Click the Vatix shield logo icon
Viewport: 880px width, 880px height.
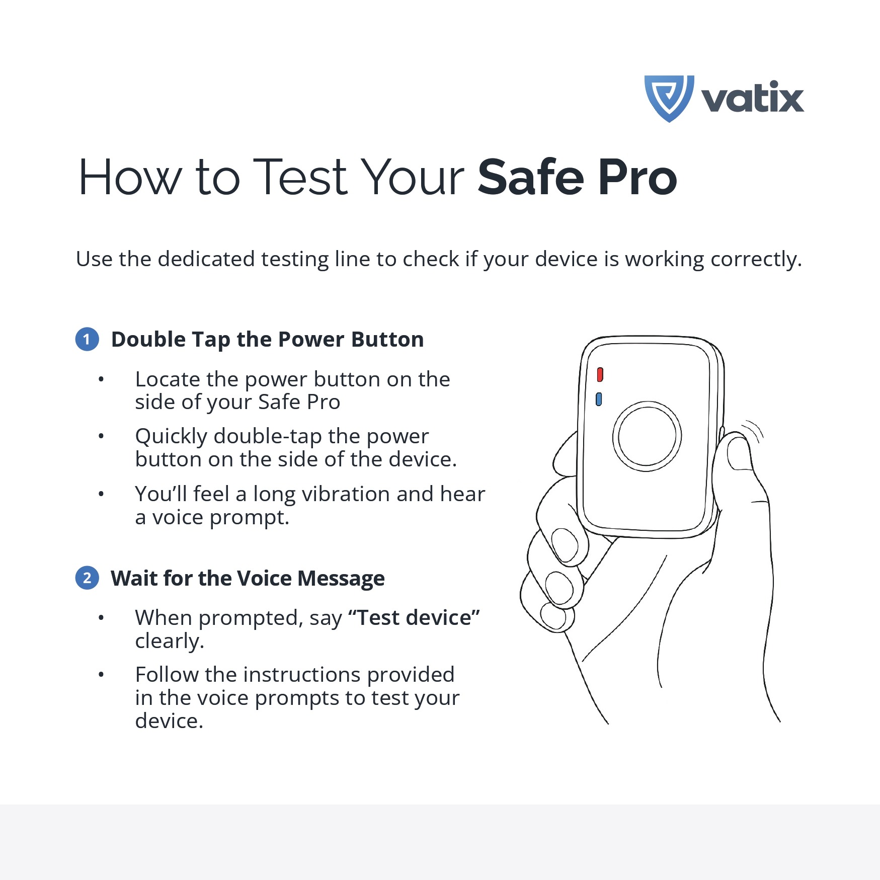pyautogui.click(x=669, y=98)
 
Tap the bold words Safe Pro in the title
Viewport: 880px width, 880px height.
pyautogui.click(x=577, y=177)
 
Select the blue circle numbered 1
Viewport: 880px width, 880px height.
pyautogui.click(x=87, y=339)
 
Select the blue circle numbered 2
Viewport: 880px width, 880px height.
pyautogui.click(x=87, y=578)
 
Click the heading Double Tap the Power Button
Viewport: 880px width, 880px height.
pyautogui.click(x=267, y=340)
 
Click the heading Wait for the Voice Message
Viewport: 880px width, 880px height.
pyautogui.click(x=248, y=579)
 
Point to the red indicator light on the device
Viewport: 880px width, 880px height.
pyautogui.click(x=600, y=375)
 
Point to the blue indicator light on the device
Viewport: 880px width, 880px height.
pyautogui.click(x=599, y=399)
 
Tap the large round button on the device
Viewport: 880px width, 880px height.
pyautogui.click(x=647, y=436)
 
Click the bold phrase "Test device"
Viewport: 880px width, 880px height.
pyautogui.click(x=414, y=618)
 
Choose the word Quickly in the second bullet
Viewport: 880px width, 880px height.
pyautogui.click(x=171, y=437)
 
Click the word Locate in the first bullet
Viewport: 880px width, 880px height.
pyautogui.click(x=168, y=379)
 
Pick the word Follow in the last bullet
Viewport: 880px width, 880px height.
pyautogui.click(x=167, y=675)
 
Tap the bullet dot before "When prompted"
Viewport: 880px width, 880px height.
pyautogui.click(x=101, y=618)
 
